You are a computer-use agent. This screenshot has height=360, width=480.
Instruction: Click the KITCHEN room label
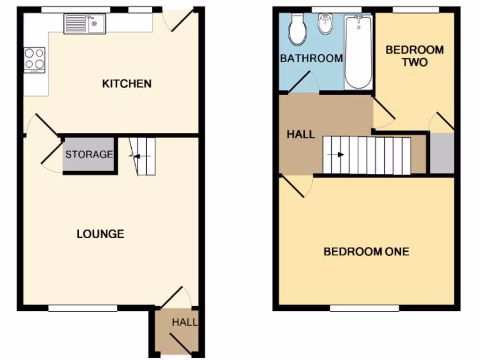tap(127, 84)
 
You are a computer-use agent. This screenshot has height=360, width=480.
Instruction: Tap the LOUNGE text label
tap(100, 234)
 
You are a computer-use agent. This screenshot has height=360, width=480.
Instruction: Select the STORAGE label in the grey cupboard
tap(89, 154)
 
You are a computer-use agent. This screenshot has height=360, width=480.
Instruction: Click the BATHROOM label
tap(311, 59)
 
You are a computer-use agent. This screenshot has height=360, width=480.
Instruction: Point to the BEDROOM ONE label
tap(366, 252)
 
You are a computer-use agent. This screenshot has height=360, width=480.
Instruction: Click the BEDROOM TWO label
tap(414, 55)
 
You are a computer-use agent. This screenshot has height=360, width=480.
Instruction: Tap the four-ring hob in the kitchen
tap(35, 60)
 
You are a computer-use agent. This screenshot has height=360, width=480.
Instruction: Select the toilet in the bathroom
tap(297, 29)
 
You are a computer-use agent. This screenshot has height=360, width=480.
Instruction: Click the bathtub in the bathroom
tap(359, 52)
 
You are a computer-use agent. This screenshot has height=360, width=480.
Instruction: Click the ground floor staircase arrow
tap(141, 157)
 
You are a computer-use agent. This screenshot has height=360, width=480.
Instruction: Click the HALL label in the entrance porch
tap(184, 322)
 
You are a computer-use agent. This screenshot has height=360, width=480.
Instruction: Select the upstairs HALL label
tap(300, 135)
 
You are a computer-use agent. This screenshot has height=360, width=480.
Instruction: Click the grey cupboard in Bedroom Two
tap(442, 153)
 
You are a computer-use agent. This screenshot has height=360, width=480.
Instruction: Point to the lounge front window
tap(82, 308)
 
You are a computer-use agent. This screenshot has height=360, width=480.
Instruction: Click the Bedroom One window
tap(364, 308)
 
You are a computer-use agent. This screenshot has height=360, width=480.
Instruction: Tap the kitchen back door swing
tap(181, 21)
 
